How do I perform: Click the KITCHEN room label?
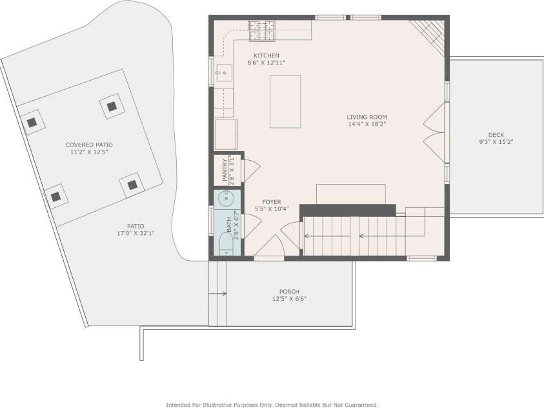(x=266, y=56)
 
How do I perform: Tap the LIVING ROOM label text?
(x=367, y=117)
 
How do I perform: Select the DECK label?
(x=496, y=135)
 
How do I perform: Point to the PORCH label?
(x=289, y=291)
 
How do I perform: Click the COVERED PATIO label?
(x=89, y=145)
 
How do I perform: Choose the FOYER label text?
(x=272, y=202)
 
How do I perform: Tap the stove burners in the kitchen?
(x=262, y=30)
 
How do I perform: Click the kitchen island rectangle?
(x=285, y=101)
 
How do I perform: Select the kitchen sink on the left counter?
(x=224, y=73)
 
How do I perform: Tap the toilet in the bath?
(x=227, y=244)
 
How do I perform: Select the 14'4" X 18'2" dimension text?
(x=367, y=124)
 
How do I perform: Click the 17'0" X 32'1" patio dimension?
(x=136, y=234)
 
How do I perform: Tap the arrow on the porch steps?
(x=217, y=294)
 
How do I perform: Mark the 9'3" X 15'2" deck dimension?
(x=496, y=142)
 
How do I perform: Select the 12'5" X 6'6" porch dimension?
(x=289, y=299)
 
